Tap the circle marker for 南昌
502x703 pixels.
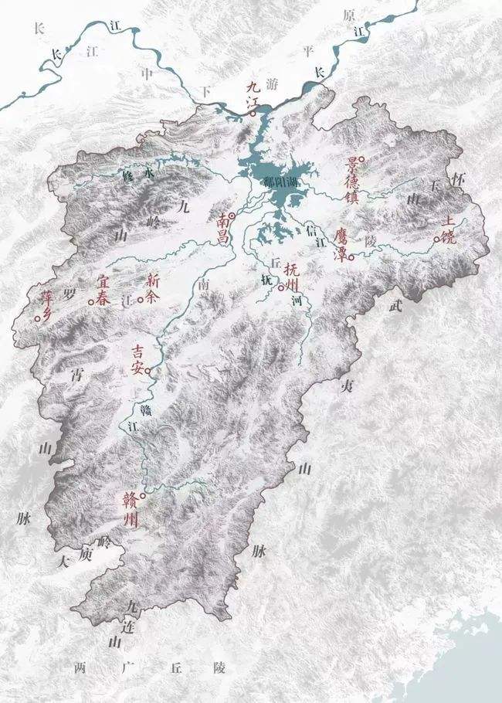tap(232, 216)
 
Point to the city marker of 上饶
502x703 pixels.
tap(436, 239)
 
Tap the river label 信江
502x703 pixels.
tap(312, 231)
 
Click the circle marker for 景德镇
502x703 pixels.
tap(361, 159)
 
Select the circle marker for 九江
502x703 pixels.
tap(253, 114)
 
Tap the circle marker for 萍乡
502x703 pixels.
tap(37, 318)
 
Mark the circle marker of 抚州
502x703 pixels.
tap(281, 287)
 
